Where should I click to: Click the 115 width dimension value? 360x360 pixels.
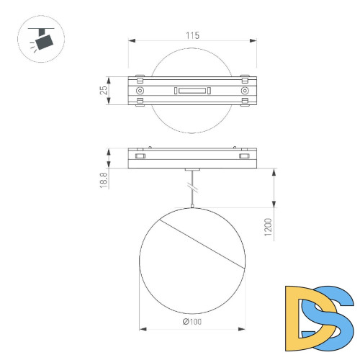pos(192,35)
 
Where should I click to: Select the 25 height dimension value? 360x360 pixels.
pos(104,91)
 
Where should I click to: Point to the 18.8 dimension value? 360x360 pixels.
pos(104,179)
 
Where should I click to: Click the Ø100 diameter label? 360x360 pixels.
pos(192,321)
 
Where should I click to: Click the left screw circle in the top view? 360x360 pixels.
pos(140,91)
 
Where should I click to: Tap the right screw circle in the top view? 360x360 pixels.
pos(245,91)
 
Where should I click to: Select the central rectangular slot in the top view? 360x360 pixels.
pos(192,91)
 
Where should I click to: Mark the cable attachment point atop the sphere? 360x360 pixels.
pos(192,207)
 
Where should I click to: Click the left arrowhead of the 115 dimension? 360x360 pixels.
pos(132,41)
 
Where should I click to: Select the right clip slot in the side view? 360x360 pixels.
pos(245,156)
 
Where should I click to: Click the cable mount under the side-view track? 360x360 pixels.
pos(192,171)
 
